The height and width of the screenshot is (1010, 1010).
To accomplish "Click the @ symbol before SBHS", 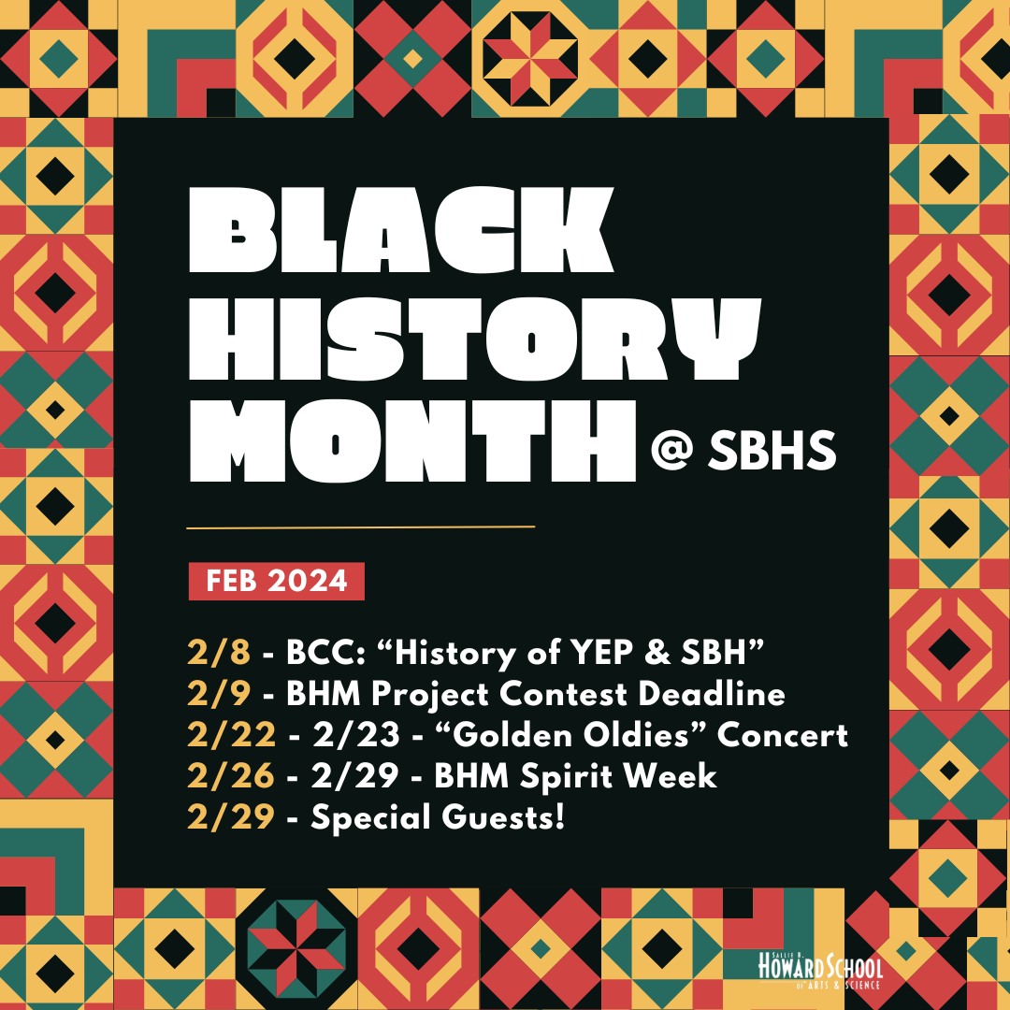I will tap(671, 452).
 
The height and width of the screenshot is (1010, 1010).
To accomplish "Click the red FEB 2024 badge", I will tap(276, 581).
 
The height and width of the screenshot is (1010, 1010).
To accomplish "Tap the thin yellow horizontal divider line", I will tap(360, 527).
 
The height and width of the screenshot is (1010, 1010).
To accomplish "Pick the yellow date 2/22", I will tap(231, 735).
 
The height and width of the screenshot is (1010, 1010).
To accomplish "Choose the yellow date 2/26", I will tap(231, 775).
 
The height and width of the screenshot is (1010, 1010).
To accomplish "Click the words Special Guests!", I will tap(438, 817).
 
